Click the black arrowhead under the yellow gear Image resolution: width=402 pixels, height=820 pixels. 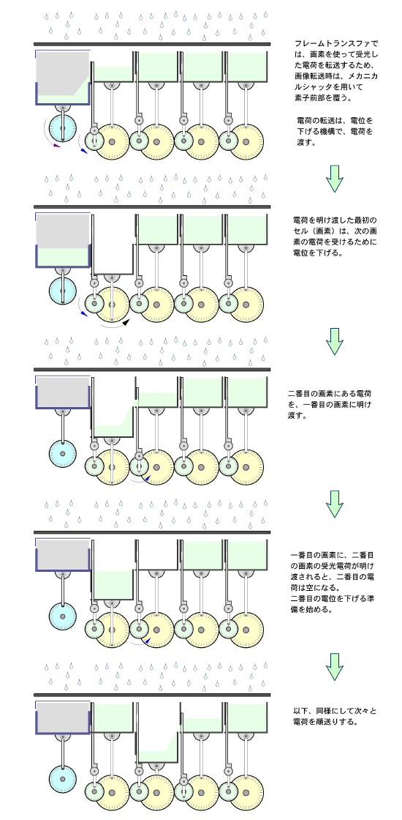point(125,322)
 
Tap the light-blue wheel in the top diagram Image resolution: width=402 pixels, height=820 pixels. point(63,127)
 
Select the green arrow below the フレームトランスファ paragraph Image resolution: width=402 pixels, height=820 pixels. point(334,179)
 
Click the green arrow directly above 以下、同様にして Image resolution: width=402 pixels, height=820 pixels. point(334,667)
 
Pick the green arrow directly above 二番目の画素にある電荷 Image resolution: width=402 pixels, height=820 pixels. point(334,341)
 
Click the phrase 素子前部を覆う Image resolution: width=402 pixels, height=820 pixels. point(321,97)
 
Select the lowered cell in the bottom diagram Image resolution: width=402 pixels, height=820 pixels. point(158,732)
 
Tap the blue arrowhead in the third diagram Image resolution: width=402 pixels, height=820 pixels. point(148,477)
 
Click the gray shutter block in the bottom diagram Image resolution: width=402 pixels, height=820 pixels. point(63,713)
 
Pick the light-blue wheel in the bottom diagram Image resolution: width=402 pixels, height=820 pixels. point(63,779)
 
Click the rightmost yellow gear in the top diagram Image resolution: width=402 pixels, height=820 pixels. point(246,142)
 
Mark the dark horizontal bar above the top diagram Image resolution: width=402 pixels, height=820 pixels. point(152,44)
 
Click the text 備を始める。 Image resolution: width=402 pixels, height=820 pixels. point(312,609)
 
